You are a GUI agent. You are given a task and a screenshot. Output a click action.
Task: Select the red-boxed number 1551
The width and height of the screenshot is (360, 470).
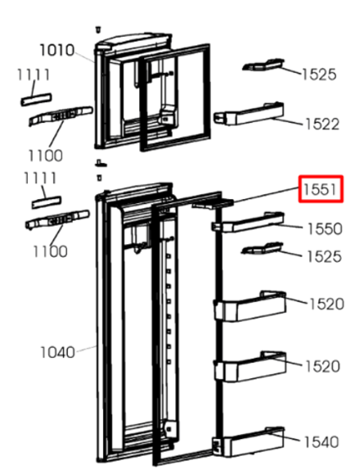pos(320,190)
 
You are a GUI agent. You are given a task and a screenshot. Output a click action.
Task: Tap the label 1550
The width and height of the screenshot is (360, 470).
pos(324,228)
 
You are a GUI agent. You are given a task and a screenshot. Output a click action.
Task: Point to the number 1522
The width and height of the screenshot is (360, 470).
pos(322,124)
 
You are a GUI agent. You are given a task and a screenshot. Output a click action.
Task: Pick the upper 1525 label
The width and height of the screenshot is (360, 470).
pos(318,75)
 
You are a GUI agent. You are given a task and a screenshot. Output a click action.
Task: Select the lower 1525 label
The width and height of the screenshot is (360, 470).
pos(323,256)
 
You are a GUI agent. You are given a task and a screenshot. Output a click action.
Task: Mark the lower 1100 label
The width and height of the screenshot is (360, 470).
pos(50,251)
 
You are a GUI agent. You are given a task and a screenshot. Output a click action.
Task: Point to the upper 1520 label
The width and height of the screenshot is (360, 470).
pos(326,304)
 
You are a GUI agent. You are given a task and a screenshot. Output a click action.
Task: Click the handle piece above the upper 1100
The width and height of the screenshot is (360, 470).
pos(58,117)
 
